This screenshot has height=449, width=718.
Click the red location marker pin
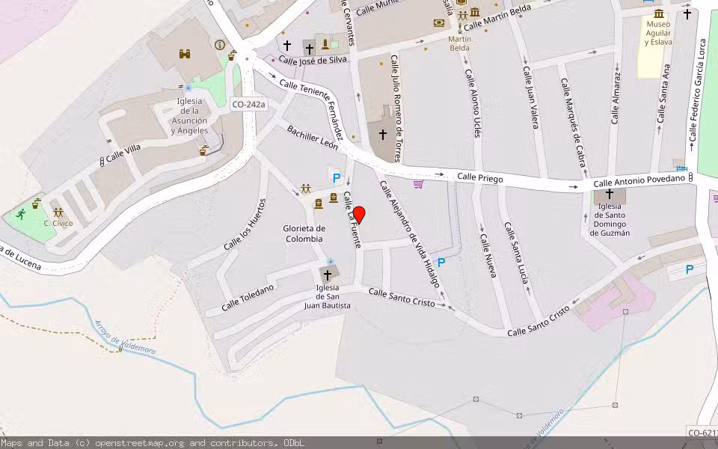359,215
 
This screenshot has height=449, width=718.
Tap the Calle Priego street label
480,177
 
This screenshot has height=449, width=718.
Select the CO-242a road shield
248,105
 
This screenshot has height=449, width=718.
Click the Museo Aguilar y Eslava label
658,33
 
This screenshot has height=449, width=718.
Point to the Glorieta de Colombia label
304,233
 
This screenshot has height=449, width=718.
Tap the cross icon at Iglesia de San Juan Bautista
327,275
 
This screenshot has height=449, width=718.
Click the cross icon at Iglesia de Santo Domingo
610,194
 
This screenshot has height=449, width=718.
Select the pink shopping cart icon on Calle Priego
418,183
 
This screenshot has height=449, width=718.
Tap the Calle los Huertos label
245,224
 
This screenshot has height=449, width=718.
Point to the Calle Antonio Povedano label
639,181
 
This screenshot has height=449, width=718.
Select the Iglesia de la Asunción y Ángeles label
189,115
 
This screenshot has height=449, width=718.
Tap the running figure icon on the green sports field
19,214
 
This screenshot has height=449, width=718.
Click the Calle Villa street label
123,154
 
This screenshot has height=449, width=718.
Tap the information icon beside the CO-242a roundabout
220,45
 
